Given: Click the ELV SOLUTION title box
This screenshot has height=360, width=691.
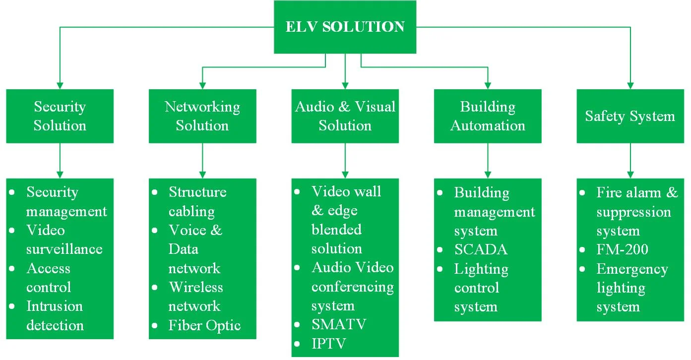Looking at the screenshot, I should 345,27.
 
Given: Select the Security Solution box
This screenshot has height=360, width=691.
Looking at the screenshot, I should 60,116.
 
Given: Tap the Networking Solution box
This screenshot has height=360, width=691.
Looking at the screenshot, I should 202,116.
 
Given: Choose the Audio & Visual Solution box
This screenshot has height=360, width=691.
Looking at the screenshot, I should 345,116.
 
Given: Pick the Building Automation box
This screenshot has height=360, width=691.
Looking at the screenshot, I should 488,116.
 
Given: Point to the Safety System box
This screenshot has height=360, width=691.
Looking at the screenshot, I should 630,116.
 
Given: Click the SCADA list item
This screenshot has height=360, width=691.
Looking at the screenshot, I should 481,249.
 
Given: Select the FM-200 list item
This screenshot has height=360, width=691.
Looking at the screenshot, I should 622,249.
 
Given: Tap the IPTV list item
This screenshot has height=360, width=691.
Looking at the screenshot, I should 328,344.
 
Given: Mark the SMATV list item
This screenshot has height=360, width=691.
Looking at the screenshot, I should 339,325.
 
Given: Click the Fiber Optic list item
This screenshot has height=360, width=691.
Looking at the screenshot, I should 204,326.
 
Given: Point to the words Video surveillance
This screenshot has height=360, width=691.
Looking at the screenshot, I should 64,240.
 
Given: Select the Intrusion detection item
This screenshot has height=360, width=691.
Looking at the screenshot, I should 55,316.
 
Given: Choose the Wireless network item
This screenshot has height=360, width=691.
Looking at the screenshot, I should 195,297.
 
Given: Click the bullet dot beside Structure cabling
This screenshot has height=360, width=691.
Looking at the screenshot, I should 155,192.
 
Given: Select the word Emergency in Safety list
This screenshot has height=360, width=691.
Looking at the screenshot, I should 632,269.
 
